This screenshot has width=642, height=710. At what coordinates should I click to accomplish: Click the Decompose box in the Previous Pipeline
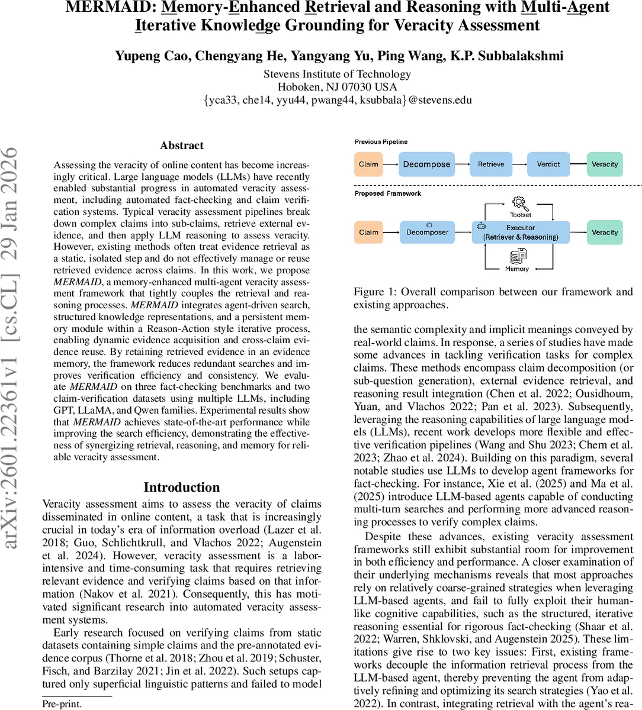[426, 164]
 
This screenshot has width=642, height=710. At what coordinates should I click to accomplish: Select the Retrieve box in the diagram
[491, 164]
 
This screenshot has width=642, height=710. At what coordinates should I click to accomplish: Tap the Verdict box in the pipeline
[548, 164]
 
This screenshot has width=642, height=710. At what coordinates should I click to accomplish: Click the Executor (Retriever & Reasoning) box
[521, 233]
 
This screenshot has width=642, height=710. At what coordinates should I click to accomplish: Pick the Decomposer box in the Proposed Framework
[427, 233]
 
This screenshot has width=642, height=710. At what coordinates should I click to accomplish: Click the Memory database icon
[518, 257]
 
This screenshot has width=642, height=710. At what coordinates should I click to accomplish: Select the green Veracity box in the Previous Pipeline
[604, 164]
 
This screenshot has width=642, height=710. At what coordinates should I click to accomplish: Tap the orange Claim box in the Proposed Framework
[368, 233]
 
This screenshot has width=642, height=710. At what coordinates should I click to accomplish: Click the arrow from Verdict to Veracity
[577, 164]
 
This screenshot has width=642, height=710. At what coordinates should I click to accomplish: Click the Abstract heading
[181, 146]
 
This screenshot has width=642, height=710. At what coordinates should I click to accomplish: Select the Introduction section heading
[181, 487]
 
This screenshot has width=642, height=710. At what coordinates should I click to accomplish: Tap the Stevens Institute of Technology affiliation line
[337, 74]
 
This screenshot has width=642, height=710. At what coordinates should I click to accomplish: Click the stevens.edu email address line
[337, 99]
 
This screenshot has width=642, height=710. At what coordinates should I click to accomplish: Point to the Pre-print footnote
[62, 704]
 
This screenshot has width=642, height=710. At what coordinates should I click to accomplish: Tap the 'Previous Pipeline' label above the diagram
[381, 142]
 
